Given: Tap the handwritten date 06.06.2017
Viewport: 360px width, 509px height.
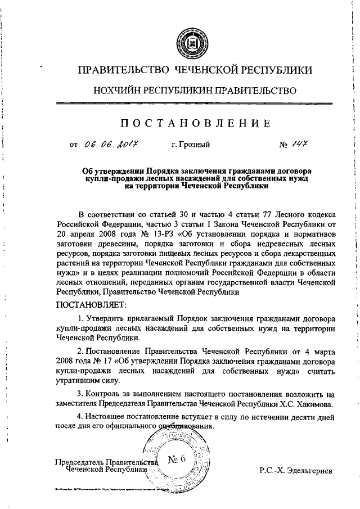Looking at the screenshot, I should click(x=111, y=145).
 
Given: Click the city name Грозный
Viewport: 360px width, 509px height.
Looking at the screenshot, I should click(x=191, y=145).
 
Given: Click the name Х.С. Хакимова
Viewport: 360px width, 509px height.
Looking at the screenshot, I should click(x=310, y=419).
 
